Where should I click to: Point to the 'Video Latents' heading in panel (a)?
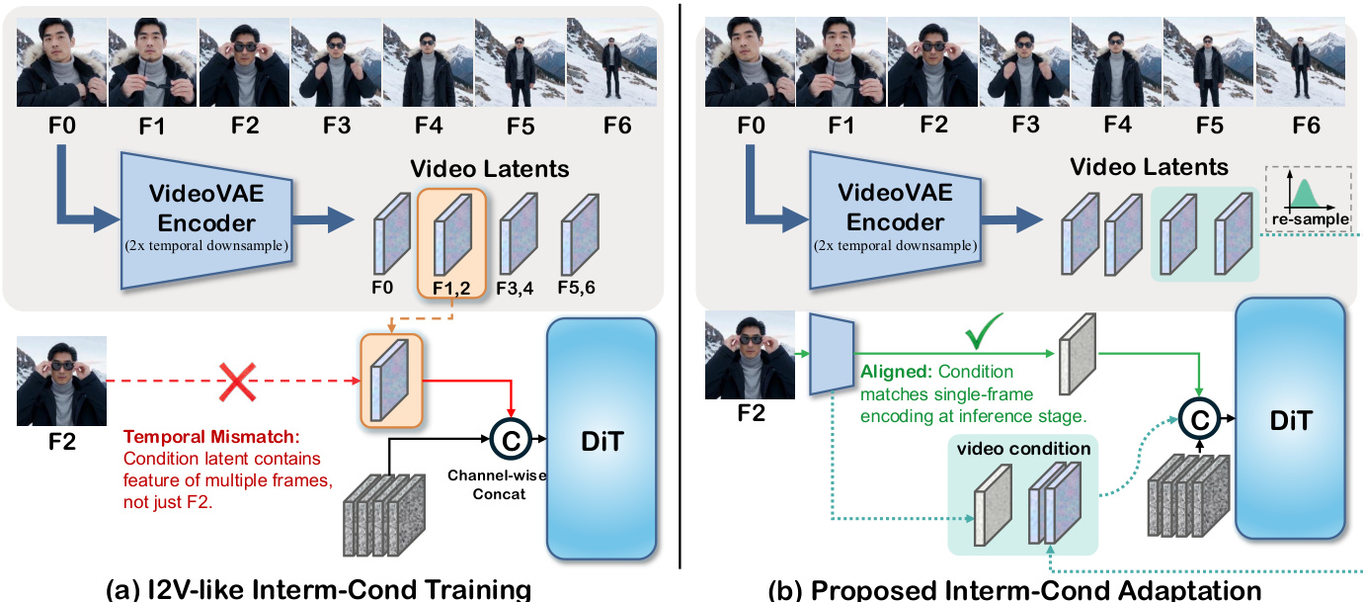(490, 168)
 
